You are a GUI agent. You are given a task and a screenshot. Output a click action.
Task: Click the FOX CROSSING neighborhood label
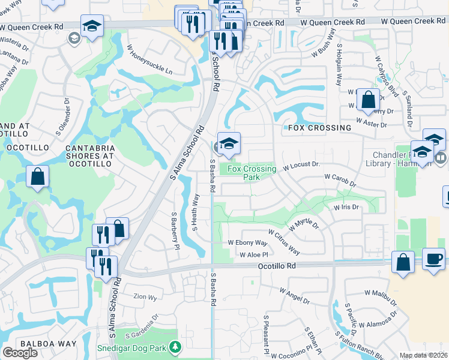(319, 128)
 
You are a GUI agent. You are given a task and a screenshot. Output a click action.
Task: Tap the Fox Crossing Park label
(252, 173)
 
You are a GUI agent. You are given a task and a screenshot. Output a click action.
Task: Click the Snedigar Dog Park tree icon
(175, 347)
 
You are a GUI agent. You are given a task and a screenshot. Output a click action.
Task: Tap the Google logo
(20, 353)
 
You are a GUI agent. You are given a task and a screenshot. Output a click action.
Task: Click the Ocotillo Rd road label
(277, 265)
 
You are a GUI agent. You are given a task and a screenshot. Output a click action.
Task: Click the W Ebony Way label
(247, 242)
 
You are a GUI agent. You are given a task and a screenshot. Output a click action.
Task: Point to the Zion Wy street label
(145, 296)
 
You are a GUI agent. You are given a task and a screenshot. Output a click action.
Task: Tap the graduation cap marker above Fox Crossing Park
(229, 144)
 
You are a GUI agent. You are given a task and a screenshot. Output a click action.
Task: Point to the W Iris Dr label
(346, 207)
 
